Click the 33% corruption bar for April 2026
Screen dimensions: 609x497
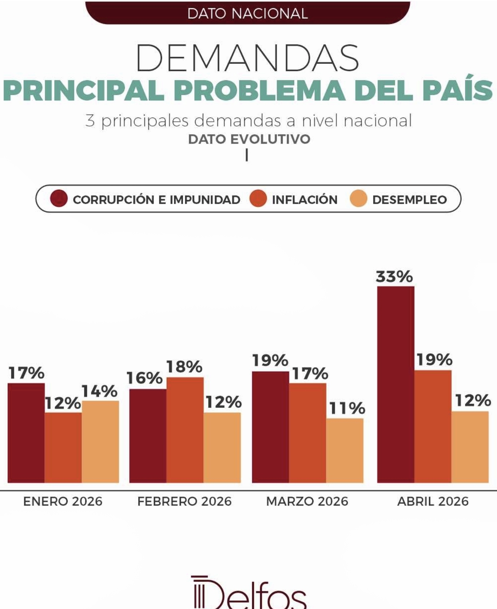point(396,384)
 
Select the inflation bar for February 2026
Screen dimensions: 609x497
point(185,430)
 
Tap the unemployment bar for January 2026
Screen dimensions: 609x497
point(100,441)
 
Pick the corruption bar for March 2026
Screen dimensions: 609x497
point(270,427)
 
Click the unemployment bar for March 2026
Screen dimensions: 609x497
point(345,450)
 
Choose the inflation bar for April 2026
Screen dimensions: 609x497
point(433,426)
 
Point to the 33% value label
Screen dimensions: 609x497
point(394,277)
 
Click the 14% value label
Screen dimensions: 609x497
point(100,391)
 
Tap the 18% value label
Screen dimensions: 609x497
point(184,367)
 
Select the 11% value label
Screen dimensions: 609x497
point(347,409)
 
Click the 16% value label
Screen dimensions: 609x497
point(144,378)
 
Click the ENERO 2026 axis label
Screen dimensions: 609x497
point(63,501)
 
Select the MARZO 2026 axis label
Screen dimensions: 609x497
point(307,501)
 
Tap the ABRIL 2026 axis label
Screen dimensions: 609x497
point(432,501)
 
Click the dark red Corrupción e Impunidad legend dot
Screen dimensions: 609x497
point(59,199)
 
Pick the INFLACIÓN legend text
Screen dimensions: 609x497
point(305,200)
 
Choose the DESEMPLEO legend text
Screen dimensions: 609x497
point(409,200)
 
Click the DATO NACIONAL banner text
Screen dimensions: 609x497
point(248,14)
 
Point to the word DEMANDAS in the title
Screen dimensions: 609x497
point(248,58)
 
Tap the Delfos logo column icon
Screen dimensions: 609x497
point(198,593)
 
